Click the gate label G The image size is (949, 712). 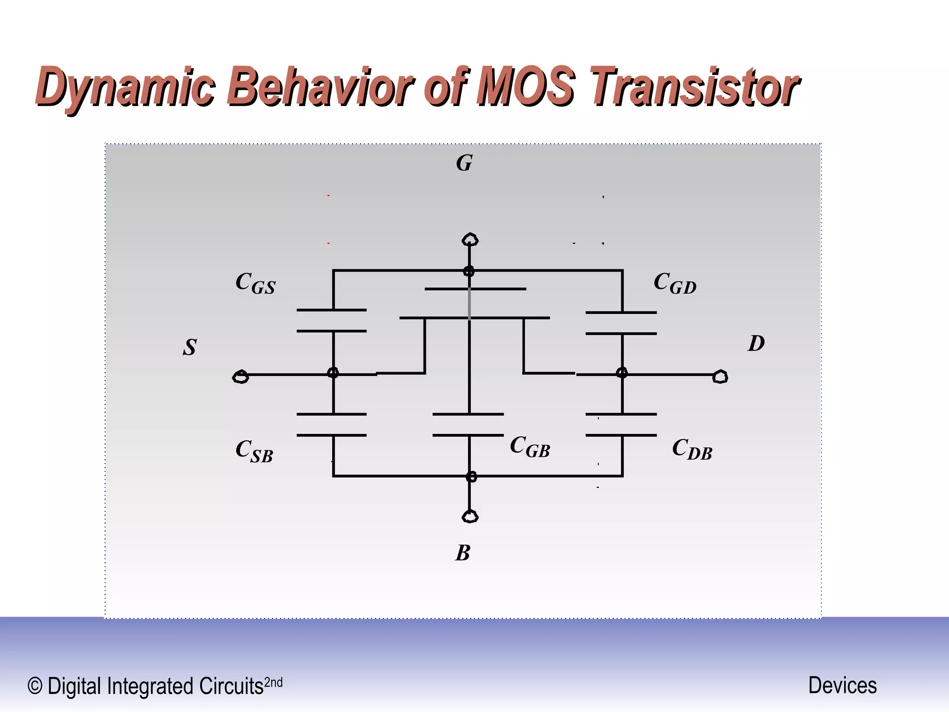tap(464, 163)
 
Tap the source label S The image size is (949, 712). tap(190, 347)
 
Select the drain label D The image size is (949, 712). tap(756, 344)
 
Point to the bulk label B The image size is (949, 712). tap(462, 553)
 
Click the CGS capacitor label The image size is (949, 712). tap(255, 283)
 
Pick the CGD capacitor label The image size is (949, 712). tap(675, 283)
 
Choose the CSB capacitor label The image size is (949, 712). tap(254, 451)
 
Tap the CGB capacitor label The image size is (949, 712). tap(530, 447)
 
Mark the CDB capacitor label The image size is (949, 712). tap(692, 450)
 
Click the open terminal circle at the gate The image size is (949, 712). tap(470, 240)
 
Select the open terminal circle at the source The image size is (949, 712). tap(240, 377)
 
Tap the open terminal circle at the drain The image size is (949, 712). tap(720, 377)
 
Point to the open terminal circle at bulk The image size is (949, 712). tap(470, 516)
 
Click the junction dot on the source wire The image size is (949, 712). tap(333, 373)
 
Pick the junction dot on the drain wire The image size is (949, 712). tap(622, 373)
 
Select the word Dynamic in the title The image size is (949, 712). tap(125, 87)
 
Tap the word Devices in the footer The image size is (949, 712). tap(842, 685)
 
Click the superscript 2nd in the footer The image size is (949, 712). tap(273, 682)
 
